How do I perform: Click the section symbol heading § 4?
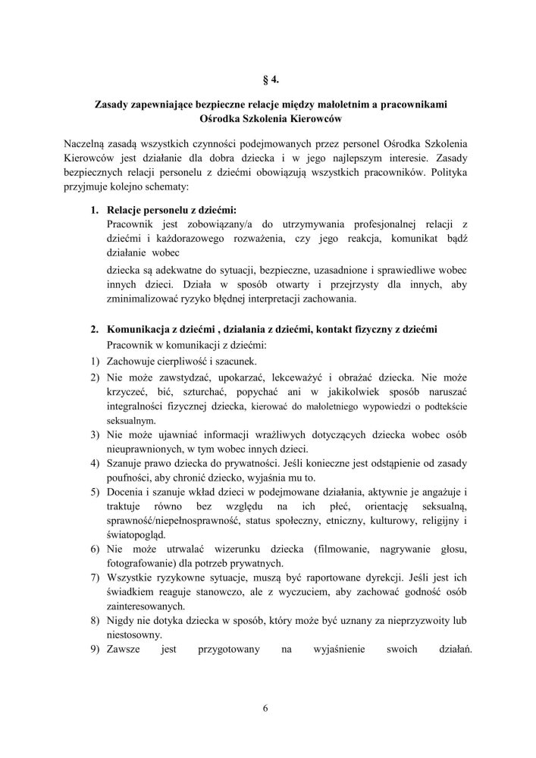click(268, 77)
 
